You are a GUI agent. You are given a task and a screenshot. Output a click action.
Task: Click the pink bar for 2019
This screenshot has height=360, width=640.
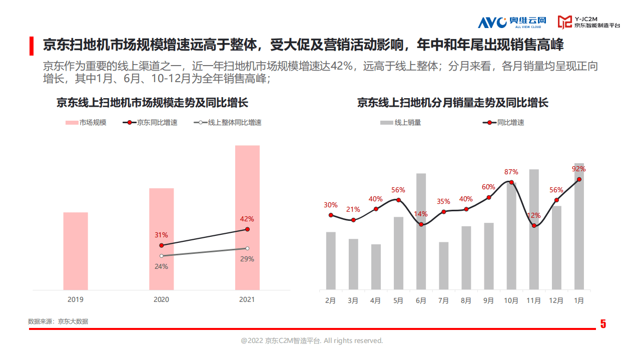point(75,251)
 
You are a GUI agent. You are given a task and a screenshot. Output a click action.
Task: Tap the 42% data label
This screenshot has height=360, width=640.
point(247,219)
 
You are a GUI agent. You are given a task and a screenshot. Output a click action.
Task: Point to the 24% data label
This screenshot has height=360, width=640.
point(161,266)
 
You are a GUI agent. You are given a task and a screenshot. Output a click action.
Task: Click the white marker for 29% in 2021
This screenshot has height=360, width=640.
point(247,248)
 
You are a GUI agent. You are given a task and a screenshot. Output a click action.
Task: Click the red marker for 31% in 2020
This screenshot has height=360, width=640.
point(161,245)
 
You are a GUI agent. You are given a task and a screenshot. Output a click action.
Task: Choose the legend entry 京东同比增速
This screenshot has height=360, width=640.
point(150,122)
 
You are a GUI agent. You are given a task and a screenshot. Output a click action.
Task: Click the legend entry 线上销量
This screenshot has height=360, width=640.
point(400,122)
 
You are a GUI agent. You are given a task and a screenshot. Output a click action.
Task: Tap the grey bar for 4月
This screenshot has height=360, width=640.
point(376,267)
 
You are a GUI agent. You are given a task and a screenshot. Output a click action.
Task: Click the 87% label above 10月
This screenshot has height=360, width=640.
point(511,172)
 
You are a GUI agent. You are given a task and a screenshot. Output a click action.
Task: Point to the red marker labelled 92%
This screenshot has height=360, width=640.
point(579,179)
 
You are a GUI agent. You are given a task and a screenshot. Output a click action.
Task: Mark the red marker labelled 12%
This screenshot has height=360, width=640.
point(534,226)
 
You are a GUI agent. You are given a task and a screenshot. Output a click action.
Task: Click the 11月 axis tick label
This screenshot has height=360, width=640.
point(534,301)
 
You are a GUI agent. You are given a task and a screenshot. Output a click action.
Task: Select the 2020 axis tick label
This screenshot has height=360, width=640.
point(161,299)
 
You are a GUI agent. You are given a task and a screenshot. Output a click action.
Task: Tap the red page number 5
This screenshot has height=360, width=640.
point(603,324)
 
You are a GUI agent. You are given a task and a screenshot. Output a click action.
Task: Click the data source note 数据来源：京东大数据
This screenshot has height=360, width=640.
point(58,321)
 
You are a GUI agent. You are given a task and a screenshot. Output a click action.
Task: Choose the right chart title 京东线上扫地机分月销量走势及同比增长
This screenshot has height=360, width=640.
point(452,103)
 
